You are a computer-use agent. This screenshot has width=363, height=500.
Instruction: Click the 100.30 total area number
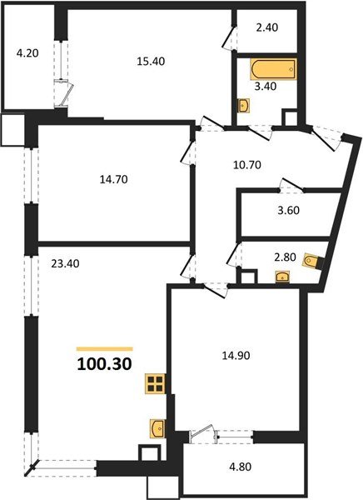click(104, 364)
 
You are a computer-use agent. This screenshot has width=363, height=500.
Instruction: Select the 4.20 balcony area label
click(27, 57)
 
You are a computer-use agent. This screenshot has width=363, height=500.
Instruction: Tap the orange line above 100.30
click(105, 348)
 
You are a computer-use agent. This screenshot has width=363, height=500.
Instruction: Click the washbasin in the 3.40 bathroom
click(242, 106)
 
